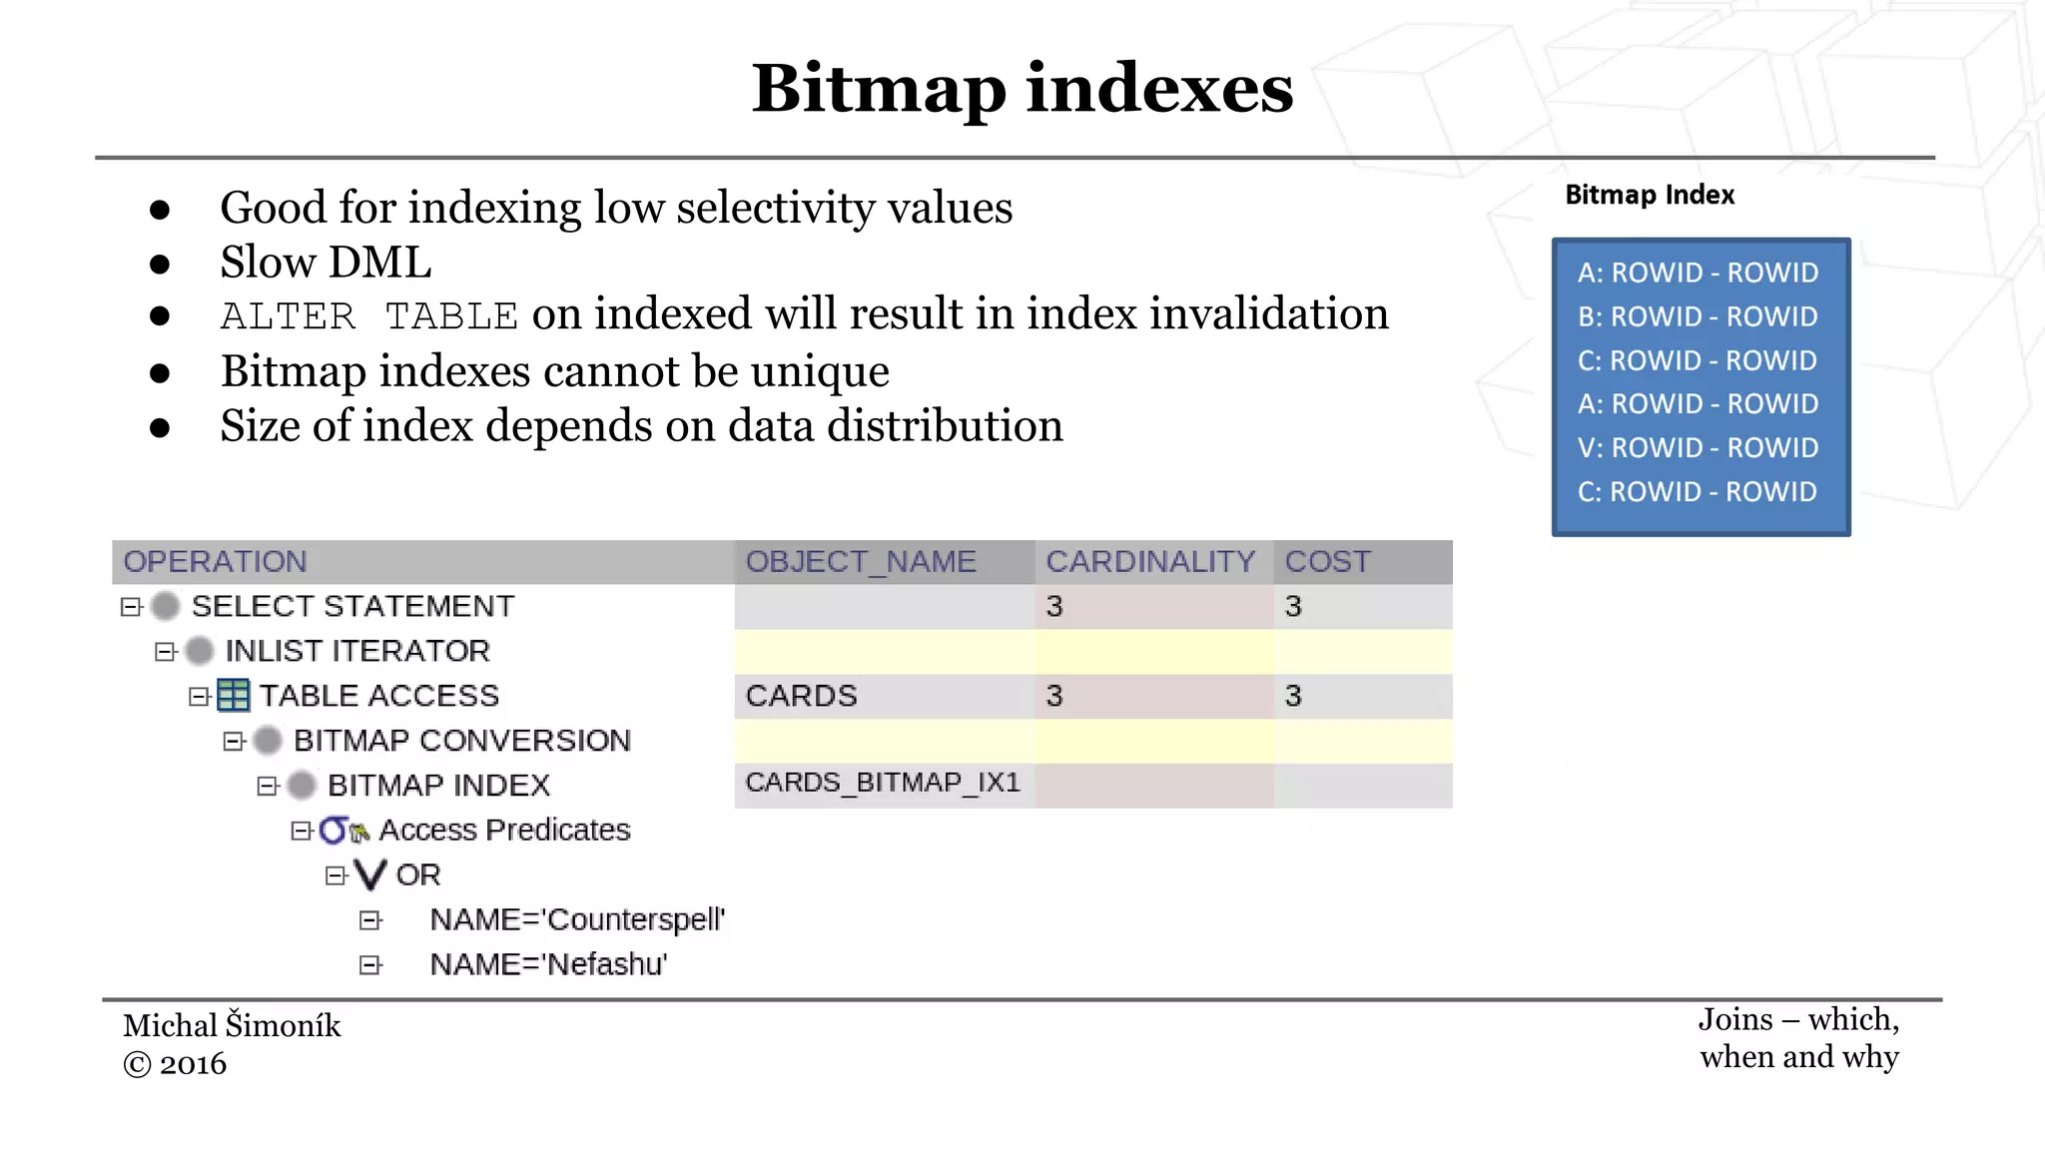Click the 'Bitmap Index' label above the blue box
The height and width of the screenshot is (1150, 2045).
pyautogui.click(x=1649, y=195)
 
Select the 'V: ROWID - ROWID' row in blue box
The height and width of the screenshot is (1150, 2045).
pyautogui.click(x=1698, y=448)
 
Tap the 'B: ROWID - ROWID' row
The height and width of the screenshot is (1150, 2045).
pyautogui.click(x=1698, y=316)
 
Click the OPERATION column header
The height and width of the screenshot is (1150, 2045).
pyautogui.click(x=216, y=562)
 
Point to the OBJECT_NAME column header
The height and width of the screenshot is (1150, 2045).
pyautogui.click(x=861, y=562)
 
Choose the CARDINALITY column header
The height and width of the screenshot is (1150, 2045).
pyautogui.click(x=1150, y=562)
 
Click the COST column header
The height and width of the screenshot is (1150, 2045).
pyautogui.click(x=1328, y=562)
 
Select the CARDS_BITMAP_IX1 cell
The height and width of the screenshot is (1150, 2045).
pyautogui.click(x=883, y=783)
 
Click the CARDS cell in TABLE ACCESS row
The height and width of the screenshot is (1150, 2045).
pyautogui.click(x=802, y=696)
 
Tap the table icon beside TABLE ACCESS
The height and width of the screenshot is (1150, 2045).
pyautogui.click(x=234, y=695)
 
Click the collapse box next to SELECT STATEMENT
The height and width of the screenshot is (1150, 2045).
pyautogui.click(x=131, y=607)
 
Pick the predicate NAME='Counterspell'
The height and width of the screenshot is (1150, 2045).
pyautogui.click(x=577, y=919)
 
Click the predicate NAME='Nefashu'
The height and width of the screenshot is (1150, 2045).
pyautogui.click(x=548, y=964)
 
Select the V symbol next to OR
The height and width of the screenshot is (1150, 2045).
pyautogui.click(x=369, y=874)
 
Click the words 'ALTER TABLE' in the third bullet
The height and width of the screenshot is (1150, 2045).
pyautogui.click(x=368, y=316)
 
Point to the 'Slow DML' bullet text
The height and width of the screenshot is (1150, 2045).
pyautogui.click(x=326, y=263)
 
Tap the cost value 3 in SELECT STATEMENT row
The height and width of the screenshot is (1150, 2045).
pyautogui.click(x=1293, y=607)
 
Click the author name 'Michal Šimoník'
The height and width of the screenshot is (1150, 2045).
pyautogui.click(x=232, y=1025)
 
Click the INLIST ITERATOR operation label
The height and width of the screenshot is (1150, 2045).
pyautogui.click(x=357, y=651)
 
